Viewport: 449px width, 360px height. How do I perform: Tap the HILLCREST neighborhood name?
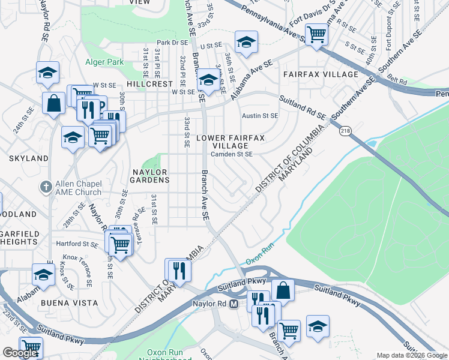[149, 85]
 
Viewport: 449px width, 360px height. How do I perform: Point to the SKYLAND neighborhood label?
[28, 158]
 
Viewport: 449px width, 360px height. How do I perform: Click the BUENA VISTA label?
[69, 304]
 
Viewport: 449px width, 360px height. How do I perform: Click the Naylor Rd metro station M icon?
[234, 304]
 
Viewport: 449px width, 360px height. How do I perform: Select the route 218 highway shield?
[345, 130]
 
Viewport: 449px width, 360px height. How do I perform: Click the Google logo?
[20, 353]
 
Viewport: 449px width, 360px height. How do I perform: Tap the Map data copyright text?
[411, 355]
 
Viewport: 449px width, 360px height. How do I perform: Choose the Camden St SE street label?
[231, 154]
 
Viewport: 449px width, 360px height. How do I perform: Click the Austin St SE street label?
[260, 116]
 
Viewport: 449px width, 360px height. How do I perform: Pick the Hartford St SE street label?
[77, 244]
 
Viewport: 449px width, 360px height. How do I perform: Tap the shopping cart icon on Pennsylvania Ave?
[316, 34]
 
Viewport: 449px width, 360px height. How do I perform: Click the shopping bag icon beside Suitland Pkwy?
[283, 290]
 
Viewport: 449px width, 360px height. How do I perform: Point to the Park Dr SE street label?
[172, 43]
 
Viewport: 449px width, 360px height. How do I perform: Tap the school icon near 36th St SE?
[246, 41]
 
